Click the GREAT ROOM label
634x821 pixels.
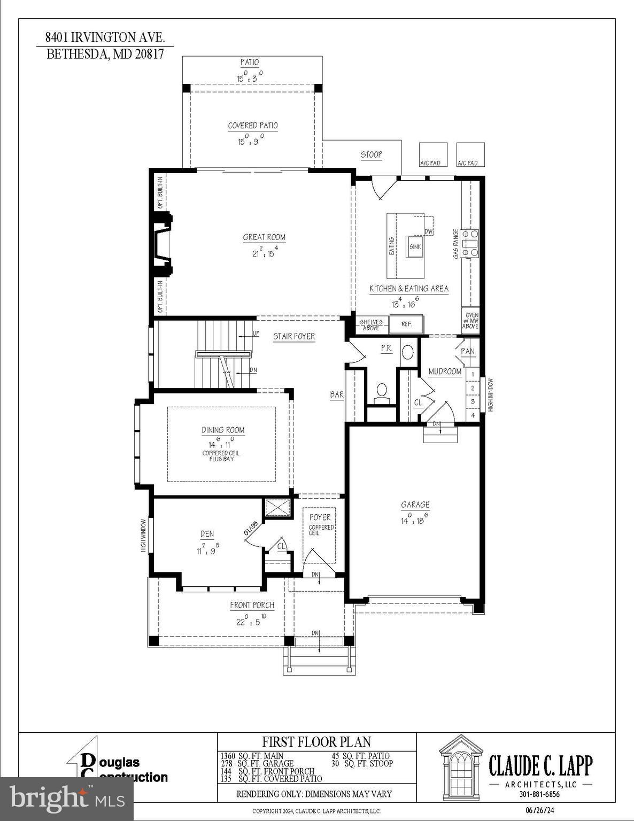tap(264, 237)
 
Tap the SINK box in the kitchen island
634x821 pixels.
tap(415, 246)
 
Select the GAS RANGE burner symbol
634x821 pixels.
tap(470, 243)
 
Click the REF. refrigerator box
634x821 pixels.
tap(406, 324)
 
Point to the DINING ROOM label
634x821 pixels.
tap(223, 430)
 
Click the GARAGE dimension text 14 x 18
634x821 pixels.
tap(415, 520)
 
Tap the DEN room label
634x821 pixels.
tap(207, 533)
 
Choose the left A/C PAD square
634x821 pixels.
tap(432, 154)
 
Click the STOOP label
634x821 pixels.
tap(372, 154)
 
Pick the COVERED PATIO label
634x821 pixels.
tap(253, 126)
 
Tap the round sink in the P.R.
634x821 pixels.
tap(407, 353)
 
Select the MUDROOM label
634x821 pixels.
tap(445, 371)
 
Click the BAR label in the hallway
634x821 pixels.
tap(337, 395)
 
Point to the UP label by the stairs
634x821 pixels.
tap(256, 334)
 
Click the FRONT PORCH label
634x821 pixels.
tap(252, 605)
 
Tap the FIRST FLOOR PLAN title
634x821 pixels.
tap(316, 742)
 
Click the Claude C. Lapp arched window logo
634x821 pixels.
tap(461, 766)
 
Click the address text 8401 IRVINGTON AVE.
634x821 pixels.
tap(105, 37)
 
